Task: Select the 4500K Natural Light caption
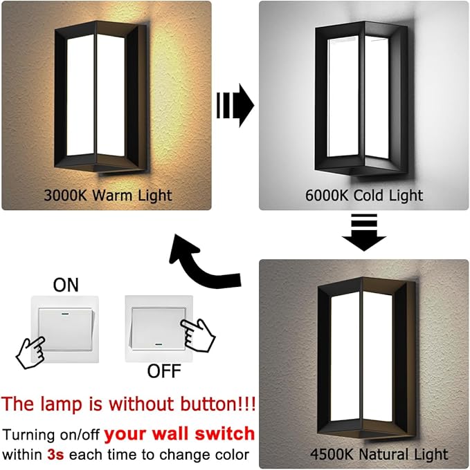[379, 454]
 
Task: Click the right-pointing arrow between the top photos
[235, 105]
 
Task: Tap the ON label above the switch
[66, 284]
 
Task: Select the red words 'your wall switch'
[180, 434]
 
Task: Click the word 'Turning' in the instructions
[30, 435]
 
